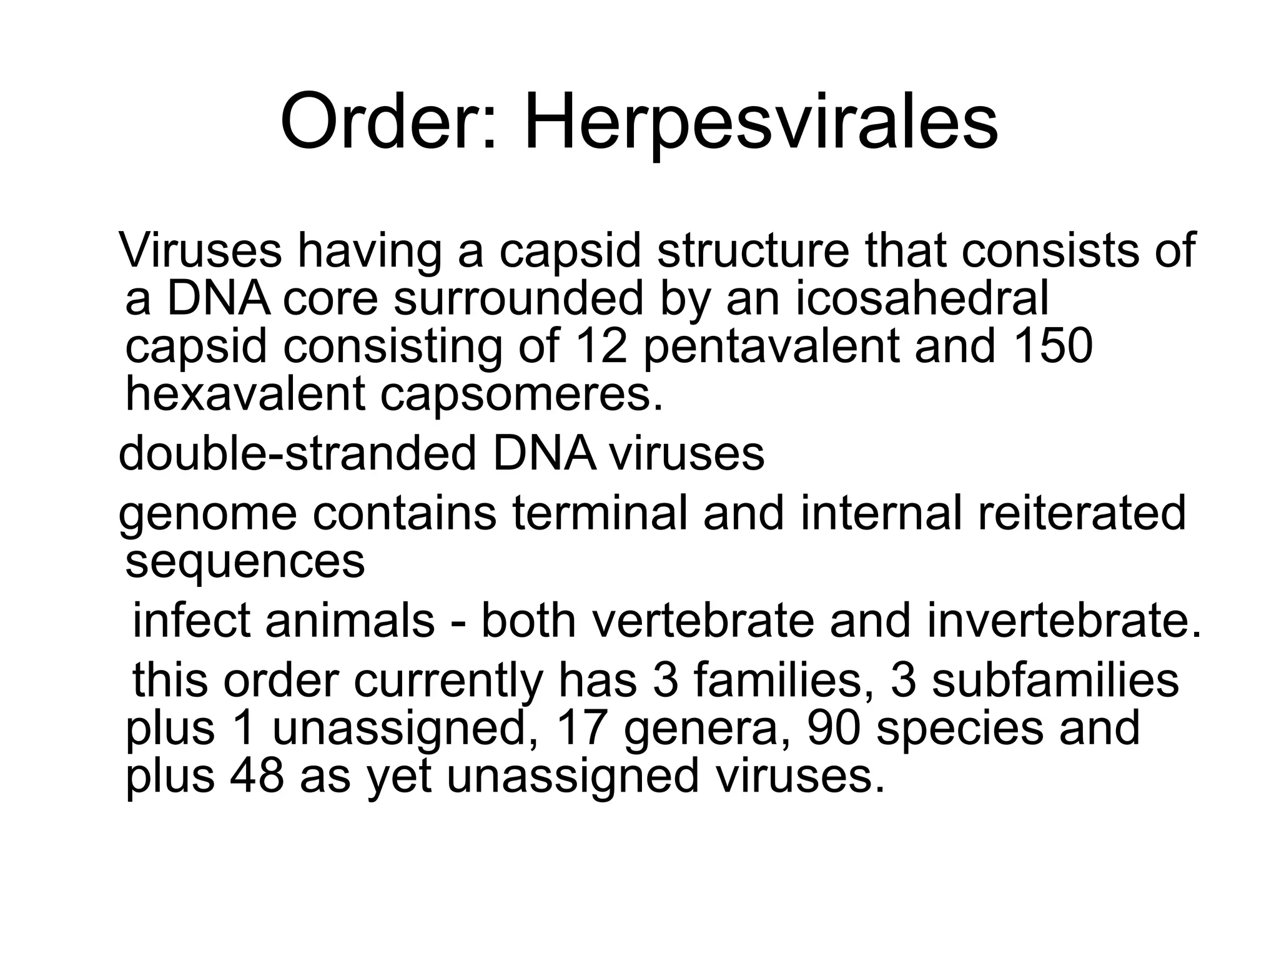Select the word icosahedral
922,298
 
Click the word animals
350,621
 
